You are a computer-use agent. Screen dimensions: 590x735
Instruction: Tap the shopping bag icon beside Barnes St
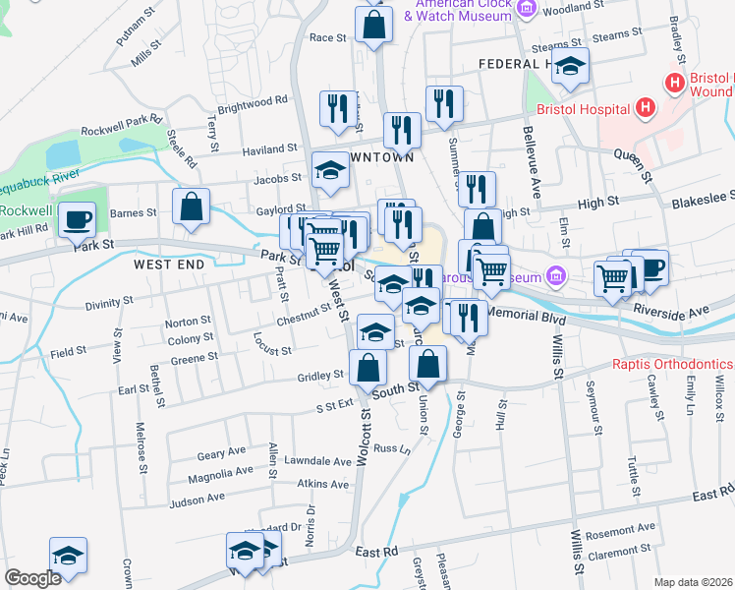tap(191, 206)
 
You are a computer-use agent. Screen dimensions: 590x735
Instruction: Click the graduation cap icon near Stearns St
tap(569, 66)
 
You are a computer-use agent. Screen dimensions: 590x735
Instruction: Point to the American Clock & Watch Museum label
tap(459, 10)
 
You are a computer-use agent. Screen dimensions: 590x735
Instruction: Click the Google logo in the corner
tap(32, 578)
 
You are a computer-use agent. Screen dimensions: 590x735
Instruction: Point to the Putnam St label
tap(138, 24)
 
